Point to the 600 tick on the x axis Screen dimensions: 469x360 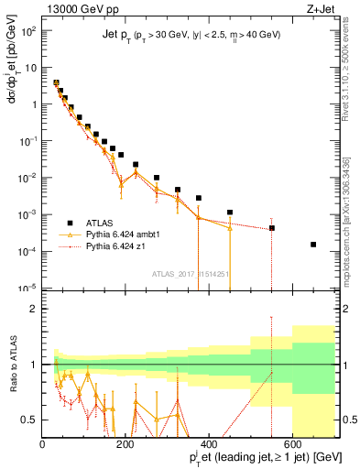click(293, 444)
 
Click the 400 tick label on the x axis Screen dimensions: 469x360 click(210, 444)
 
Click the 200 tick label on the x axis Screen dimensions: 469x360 click(126, 444)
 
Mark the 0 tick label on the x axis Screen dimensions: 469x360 click(43, 444)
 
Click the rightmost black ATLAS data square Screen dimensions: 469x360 click(313, 245)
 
